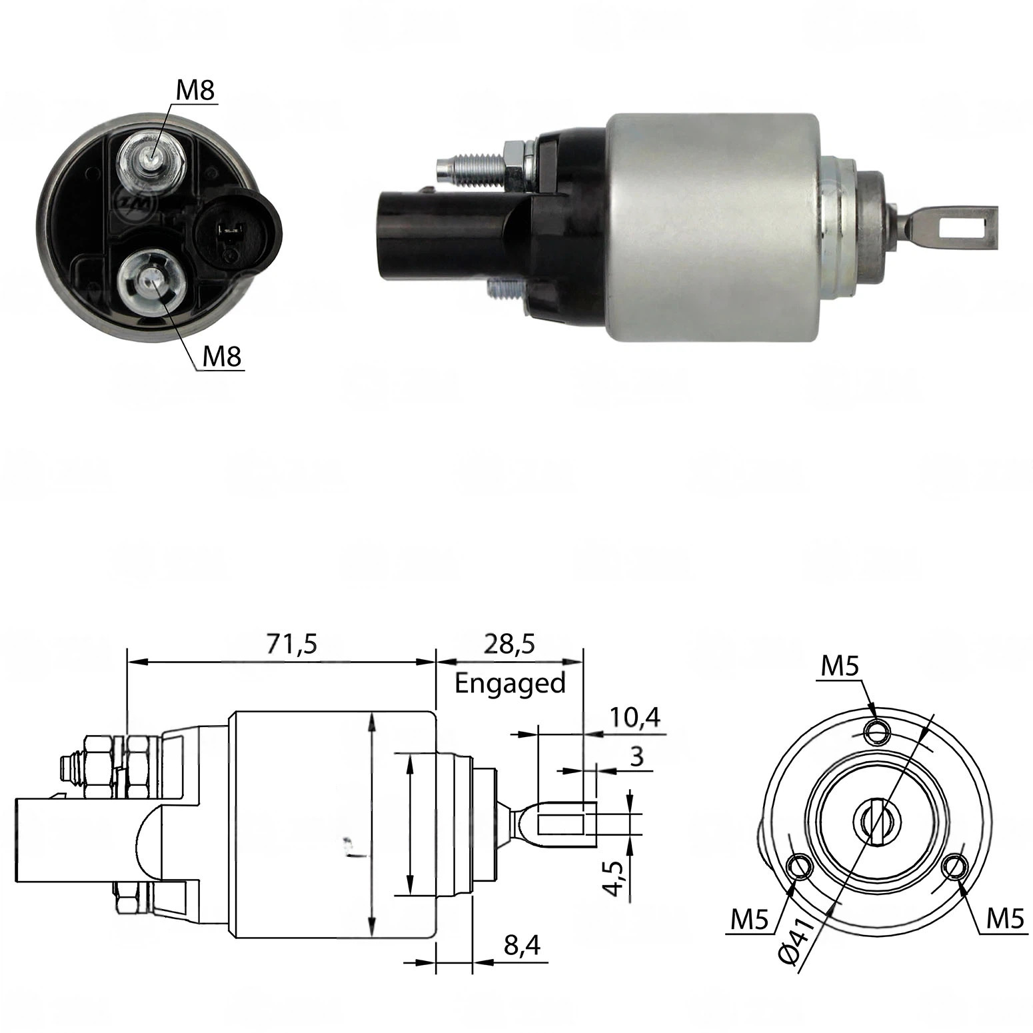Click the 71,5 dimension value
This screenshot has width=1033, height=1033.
293,644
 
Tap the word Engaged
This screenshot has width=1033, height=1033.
510,684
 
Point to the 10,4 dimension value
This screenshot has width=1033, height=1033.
634,718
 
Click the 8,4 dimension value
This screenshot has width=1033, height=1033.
522,945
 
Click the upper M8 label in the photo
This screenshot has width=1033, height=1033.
195,90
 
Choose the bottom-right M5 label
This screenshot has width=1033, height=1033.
1004,919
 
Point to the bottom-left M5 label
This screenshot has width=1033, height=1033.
750,920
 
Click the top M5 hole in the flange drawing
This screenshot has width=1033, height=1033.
876,733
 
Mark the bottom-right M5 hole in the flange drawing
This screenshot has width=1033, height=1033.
955,868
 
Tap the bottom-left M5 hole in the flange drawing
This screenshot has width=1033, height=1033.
798,868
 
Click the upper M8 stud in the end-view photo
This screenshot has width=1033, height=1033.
152,160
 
